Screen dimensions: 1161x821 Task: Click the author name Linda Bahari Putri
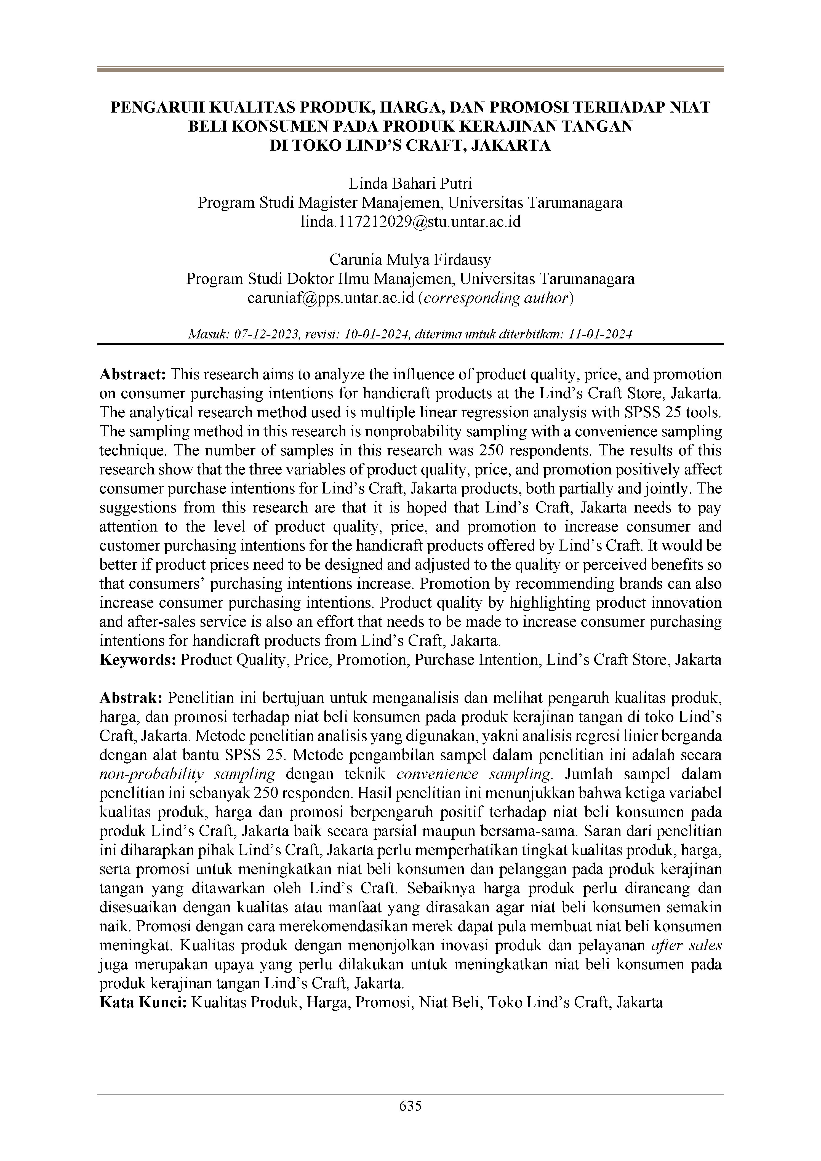pos(410,183)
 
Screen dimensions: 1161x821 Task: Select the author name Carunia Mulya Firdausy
pos(410,260)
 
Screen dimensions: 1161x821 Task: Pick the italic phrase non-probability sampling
pos(187,774)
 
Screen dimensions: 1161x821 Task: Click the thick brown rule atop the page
pos(410,69)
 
